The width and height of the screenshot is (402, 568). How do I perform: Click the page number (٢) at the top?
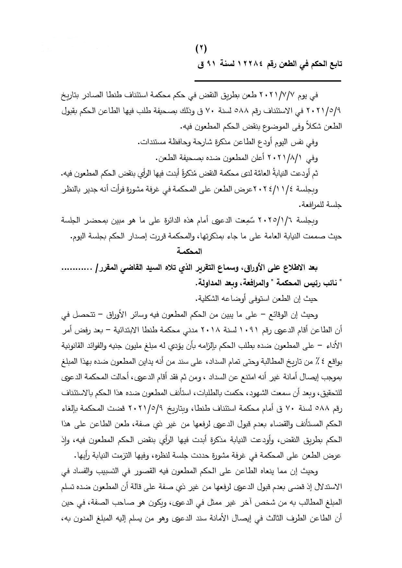tap(201, 49)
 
